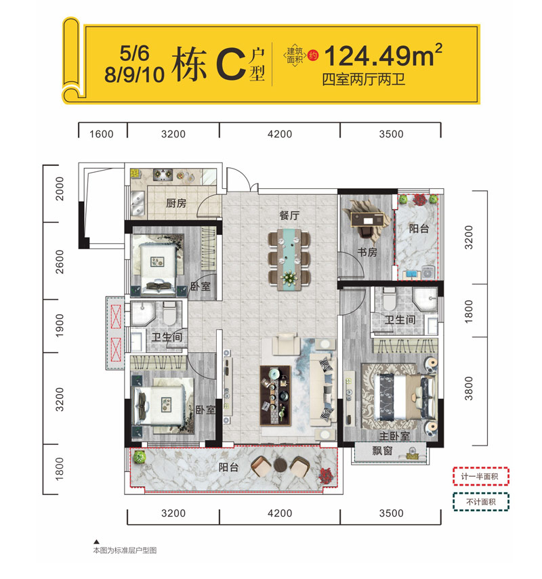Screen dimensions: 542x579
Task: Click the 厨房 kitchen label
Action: pyautogui.click(x=176, y=203)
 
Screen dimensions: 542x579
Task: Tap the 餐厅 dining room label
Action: pyautogui.click(x=289, y=215)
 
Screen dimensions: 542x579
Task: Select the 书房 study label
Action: pyautogui.click(x=367, y=252)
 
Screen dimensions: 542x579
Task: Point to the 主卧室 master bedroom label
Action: pyautogui.click(x=394, y=436)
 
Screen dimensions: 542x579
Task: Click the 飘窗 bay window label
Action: pyautogui.click(x=382, y=450)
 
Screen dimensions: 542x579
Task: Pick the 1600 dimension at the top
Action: pyautogui.click(x=101, y=133)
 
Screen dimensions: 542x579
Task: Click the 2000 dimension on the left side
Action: pyautogui.click(x=59, y=189)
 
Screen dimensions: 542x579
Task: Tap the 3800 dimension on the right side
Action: pyautogui.click(x=468, y=389)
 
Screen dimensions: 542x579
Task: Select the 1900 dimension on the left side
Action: pyautogui.click(x=59, y=326)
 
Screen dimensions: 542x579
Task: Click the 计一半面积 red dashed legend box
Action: pyautogui.click(x=481, y=476)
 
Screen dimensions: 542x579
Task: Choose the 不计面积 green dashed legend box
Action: pyautogui.click(x=481, y=502)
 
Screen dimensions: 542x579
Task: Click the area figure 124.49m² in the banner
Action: pyautogui.click(x=383, y=56)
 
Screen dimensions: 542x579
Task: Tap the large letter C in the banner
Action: pyautogui.click(x=231, y=64)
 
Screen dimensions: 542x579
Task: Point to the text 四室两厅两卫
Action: pyautogui.click(x=364, y=80)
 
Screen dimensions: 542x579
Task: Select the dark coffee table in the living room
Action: pyautogui.click(x=275, y=395)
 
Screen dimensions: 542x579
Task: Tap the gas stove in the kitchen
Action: pyautogui.click(x=163, y=174)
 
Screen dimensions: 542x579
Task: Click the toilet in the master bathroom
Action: pyautogui.click(x=389, y=299)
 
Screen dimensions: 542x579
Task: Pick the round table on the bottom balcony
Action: pyautogui.click(x=280, y=465)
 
